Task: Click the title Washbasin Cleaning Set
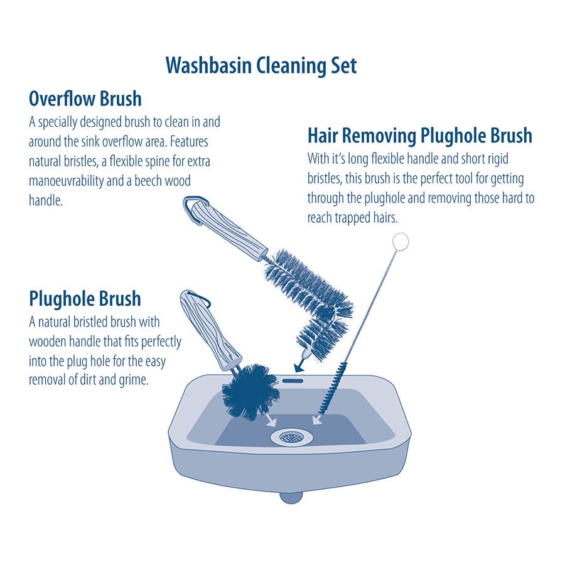click(x=261, y=65)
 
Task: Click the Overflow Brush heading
click(x=85, y=99)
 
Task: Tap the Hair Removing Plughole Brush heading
click(x=420, y=136)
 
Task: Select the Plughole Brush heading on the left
click(x=85, y=298)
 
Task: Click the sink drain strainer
click(x=292, y=438)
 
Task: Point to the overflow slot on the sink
click(x=293, y=380)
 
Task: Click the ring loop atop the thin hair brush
click(x=401, y=241)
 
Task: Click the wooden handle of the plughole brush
click(x=210, y=331)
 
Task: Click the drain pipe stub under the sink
click(x=291, y=498)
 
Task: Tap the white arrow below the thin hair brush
click(x=317, y=420)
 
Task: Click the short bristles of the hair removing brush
click(x=333, y=389)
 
